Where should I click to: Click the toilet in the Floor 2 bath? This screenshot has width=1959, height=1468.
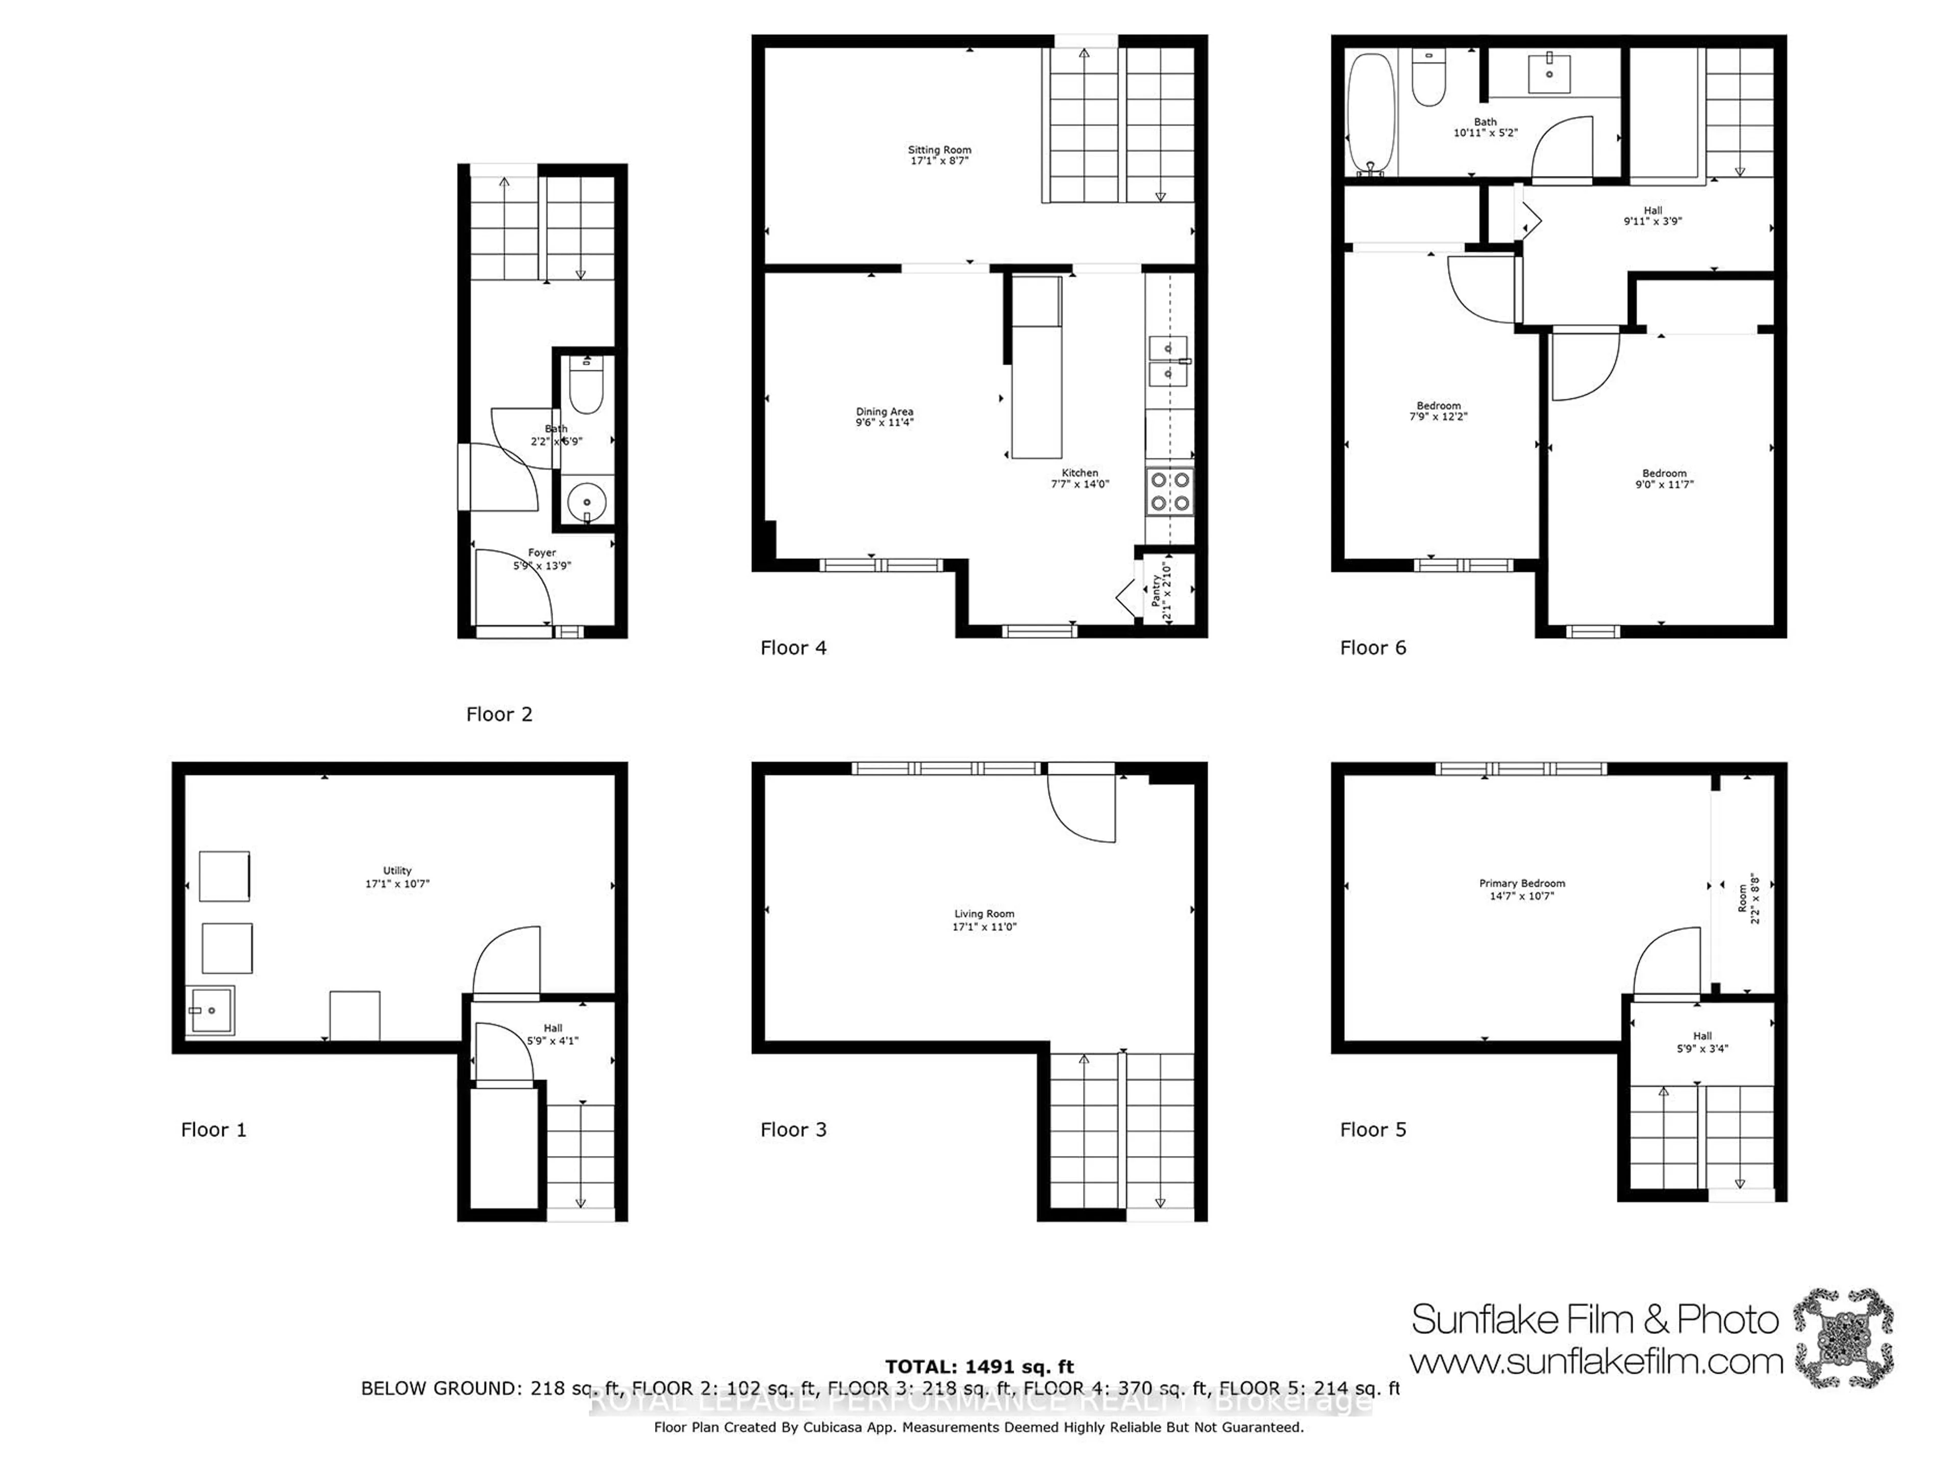point(585,386)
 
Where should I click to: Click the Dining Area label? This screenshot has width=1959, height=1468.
point(884,411)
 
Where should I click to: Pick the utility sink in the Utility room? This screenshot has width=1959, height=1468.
point(210,1010)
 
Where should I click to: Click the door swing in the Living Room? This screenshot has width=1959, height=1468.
point(1082,806)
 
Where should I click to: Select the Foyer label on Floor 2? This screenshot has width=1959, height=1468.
point(542,553)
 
